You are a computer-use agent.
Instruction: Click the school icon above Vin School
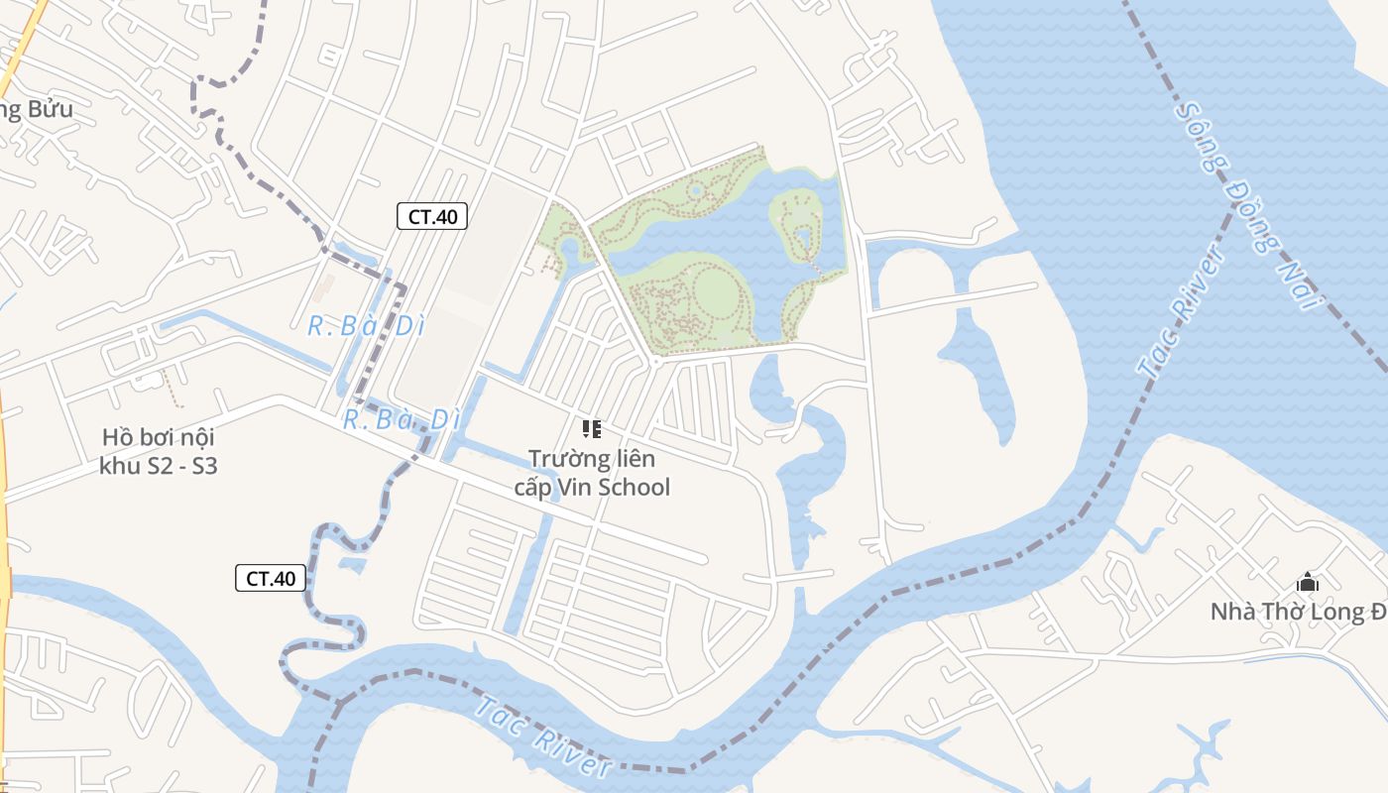592,429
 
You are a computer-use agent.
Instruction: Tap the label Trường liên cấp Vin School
592,473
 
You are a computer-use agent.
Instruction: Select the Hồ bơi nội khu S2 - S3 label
159,451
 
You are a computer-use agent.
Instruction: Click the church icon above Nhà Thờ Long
1308,582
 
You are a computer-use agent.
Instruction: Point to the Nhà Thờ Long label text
1298,612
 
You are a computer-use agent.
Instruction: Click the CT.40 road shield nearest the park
432,216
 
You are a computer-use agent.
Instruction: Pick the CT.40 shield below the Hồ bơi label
271,578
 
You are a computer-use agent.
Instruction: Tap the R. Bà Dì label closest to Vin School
403,419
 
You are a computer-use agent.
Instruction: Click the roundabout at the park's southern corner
654,362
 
